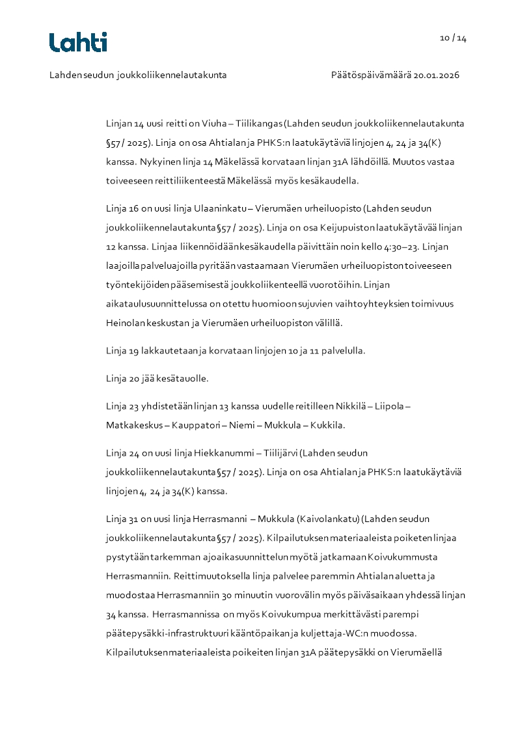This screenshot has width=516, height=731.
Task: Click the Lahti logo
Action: pos(78,42)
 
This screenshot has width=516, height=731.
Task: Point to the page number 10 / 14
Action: pos(453,38)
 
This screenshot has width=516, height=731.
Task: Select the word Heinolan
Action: pos(124,322)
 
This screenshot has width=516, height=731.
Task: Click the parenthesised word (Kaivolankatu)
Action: pos(327,519)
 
